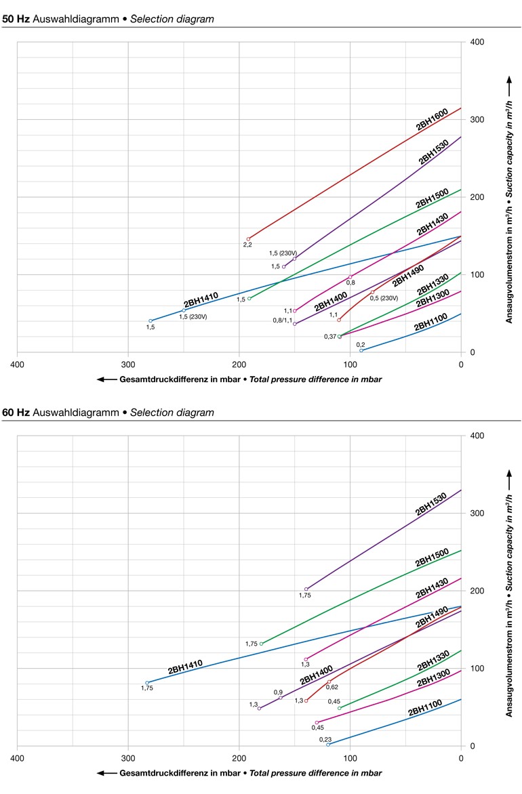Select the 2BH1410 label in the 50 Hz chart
(x=201, y=300)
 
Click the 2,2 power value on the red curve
(x=247, y=245)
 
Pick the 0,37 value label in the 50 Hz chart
(x=329, y=337)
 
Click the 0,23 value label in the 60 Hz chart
(x=325, y=739)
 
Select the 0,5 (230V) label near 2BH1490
(x=384, y=298)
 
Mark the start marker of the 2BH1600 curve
(x=249, y=238)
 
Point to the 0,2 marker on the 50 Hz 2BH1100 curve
(x=361, y=350)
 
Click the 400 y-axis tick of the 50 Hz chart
(x=477, y=42)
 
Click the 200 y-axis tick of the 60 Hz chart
(x=477, y=591)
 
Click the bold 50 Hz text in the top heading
(x=15, y=19)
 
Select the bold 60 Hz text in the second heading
(x=15, y=413)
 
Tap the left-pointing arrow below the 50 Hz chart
(x=106, y=379)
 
